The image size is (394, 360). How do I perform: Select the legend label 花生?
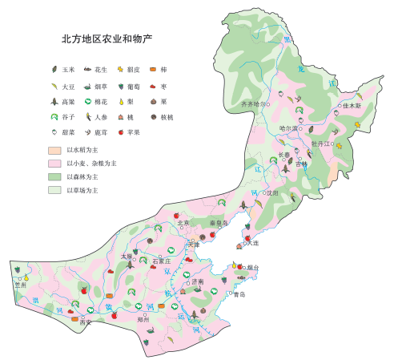(x=101, y=70)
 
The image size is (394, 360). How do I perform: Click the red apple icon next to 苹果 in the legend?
(x=120, y=131)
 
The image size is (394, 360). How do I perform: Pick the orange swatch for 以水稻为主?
(x=54, y=150)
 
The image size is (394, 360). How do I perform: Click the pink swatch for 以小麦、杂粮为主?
(x=54, y=163)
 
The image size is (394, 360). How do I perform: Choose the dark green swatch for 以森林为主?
(x=54, y=176)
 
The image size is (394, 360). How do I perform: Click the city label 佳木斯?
(x=352, y=105)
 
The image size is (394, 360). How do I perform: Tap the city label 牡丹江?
(x=320, y=142)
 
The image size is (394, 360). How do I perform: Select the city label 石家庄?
(x=163, y=261)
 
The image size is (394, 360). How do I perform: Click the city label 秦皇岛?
(x=218, y=222)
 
